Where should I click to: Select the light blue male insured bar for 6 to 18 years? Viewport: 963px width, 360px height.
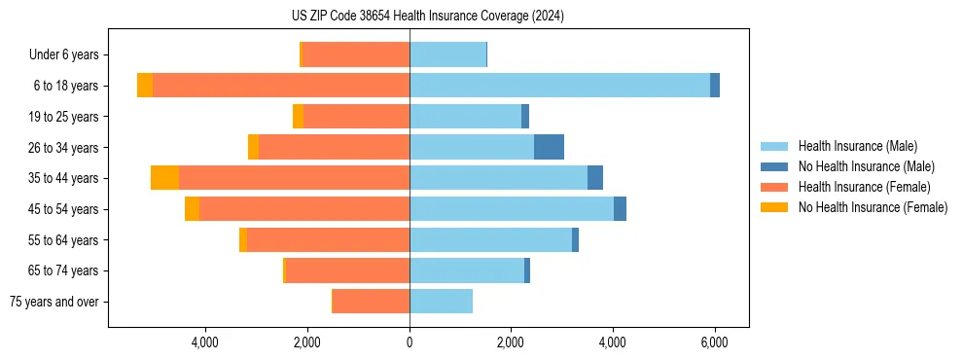(x=559, y=86)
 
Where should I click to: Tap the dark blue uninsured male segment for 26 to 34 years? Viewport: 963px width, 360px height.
(x=549, y=147)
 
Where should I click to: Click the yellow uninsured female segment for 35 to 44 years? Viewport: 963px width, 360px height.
(x=164, y=178)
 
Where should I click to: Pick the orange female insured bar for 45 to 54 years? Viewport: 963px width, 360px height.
(x=304, y=209)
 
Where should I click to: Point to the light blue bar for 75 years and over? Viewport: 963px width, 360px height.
(x=441, y=302)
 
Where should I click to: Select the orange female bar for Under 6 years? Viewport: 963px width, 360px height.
(x=356, y=54)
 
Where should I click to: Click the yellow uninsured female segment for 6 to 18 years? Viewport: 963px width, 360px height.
(x=145, y=86)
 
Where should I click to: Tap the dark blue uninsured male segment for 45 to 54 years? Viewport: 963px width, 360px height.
(x=620, y=209)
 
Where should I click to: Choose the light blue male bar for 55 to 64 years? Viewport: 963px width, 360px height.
(x=490, y=239)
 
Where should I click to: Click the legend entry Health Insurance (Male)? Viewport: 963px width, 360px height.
(x=857, y=146)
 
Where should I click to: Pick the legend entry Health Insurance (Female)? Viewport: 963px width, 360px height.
(x=864, y=187)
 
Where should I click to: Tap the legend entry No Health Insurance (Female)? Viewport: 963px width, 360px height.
(x=873, y=207)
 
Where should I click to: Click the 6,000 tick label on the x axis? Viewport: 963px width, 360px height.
(x=715, y=342)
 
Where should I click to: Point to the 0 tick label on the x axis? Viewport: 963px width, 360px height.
(x=410, y=342)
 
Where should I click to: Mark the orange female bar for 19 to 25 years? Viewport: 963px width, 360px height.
(x=356, y=117)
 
